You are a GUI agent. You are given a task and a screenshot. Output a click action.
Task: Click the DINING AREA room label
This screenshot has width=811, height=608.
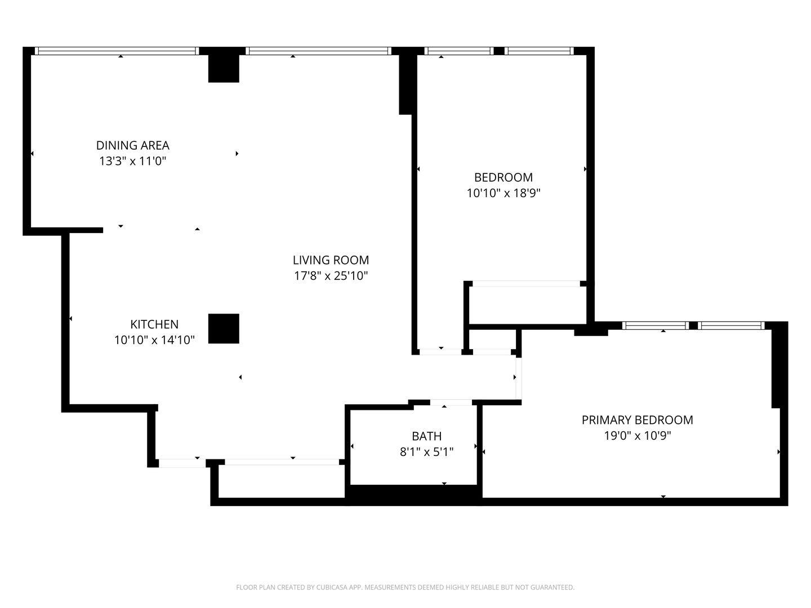click(133, 145)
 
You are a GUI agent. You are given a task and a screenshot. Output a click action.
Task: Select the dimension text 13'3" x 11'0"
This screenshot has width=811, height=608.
click(133, 162)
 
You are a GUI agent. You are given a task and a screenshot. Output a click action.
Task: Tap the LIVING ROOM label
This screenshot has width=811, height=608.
click(331, 260)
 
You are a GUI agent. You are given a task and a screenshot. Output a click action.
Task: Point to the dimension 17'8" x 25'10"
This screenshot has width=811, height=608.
click(331, 276)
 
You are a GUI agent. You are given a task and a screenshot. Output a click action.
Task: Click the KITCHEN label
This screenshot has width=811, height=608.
click(154, 324)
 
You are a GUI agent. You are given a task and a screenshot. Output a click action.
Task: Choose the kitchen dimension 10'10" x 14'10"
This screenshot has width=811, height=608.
click(154, 340)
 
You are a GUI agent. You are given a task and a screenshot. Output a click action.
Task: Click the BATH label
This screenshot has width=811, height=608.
click(427, 436)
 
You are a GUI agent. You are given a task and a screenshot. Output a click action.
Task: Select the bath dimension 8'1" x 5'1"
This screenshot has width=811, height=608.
click(427, 452)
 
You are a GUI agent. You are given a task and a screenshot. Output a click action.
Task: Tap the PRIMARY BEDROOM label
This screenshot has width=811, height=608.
click(638, 420)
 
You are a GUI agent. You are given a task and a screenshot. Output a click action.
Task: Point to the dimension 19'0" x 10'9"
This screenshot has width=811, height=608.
click(638, 436)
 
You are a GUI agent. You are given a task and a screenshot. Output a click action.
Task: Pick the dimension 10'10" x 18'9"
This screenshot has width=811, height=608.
click(503, 193)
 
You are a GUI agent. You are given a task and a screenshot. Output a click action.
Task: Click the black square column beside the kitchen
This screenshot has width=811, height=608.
click(224, 329)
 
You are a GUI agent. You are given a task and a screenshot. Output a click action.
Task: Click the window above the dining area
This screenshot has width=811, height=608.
click(117, 51)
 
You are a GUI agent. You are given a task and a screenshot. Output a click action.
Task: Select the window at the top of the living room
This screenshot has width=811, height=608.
click(319, 51)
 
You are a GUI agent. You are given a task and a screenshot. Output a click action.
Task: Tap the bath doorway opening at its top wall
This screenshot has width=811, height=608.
click(451, 403)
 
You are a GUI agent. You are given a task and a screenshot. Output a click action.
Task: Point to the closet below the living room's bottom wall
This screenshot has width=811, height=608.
click(282, 481)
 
